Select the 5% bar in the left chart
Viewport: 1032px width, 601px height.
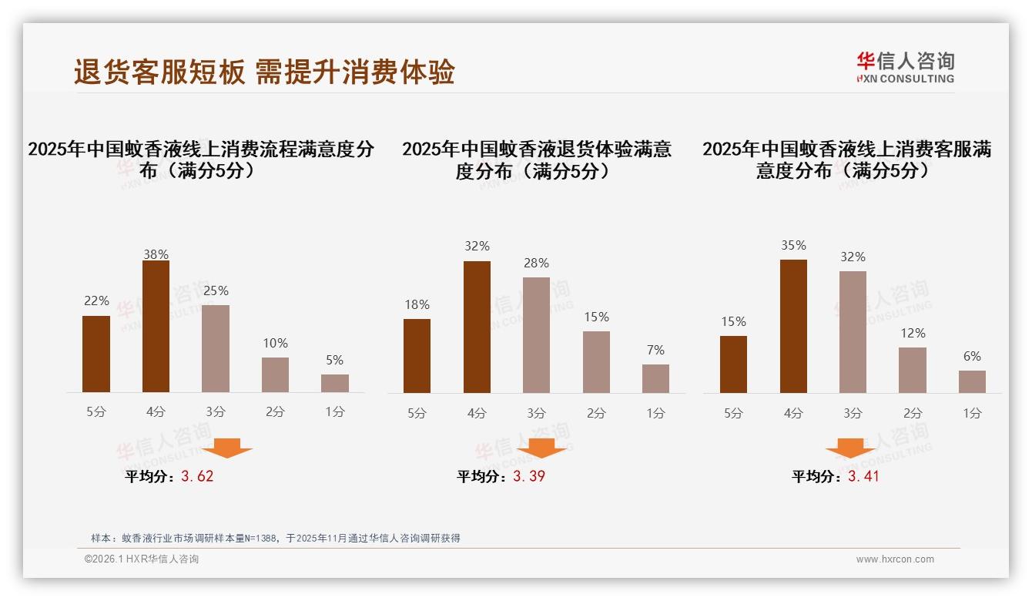335,383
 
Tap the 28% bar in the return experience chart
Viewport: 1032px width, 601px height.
536,334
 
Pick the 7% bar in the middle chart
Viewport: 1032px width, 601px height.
655,378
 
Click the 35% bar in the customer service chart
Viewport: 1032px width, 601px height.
793,326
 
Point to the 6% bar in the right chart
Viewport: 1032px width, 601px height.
972,381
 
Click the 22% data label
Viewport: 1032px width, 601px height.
96,301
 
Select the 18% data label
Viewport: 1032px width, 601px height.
417,304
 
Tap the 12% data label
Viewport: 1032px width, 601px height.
913,333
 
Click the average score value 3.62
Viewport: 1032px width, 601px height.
197,476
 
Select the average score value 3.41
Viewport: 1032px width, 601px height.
863,476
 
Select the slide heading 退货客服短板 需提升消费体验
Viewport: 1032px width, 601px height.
264,72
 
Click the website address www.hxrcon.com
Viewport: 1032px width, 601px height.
895,559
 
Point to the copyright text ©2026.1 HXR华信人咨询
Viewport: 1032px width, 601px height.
142,559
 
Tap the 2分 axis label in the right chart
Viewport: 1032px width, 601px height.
913,413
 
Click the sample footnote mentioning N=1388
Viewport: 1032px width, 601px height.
275,538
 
